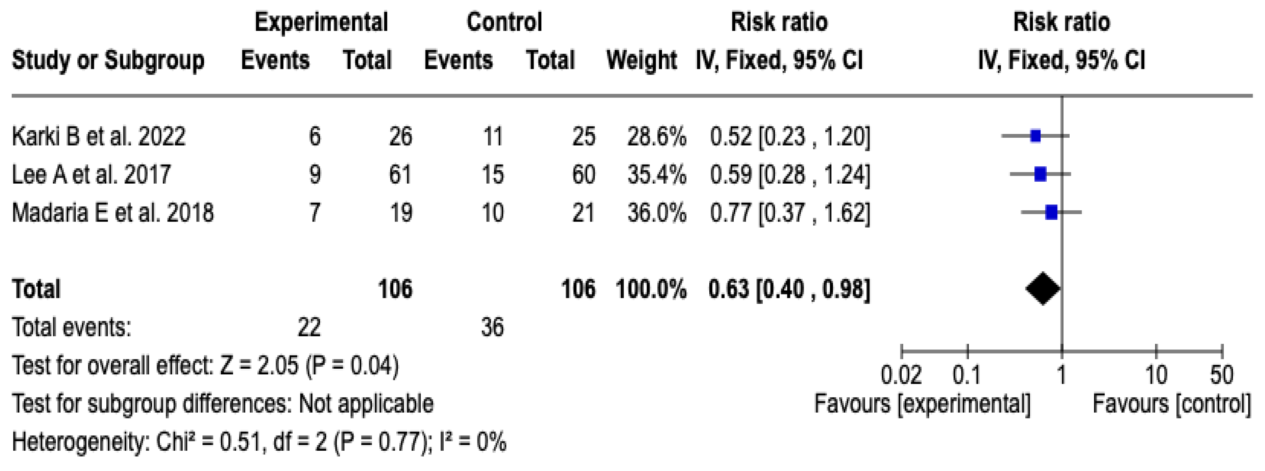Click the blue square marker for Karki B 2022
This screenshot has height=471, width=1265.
pyautogui.click(x=1035, y=136)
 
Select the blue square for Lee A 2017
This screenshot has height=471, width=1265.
pyautogui.click(x=1040, y=174)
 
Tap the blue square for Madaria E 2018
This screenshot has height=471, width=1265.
pyautogui.click(x=1051, y=213)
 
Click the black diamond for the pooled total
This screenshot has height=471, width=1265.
pyautogui.click(x=1043, y=289)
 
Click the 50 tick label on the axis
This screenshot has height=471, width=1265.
pyautogui.click(x=1221, y=375)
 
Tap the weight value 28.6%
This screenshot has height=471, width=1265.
pyautogui.click(x=656, y=136)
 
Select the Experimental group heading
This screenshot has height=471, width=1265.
pyautogui.click(x=321, y=22)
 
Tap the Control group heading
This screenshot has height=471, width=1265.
pyautogui.click(x=504, y=22)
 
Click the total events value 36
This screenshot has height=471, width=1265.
pyautogui.click(x=492, y=327)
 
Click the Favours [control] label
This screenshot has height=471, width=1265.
pyautogui.click(x=1171, y=404)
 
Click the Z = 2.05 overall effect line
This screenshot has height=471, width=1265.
pyautogui.click(x=205, y=365)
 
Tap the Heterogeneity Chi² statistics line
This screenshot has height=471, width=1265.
pyautogui.click(x=259, y=442)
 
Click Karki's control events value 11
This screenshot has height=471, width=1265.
pyautogui.click(x=493, y=136)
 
